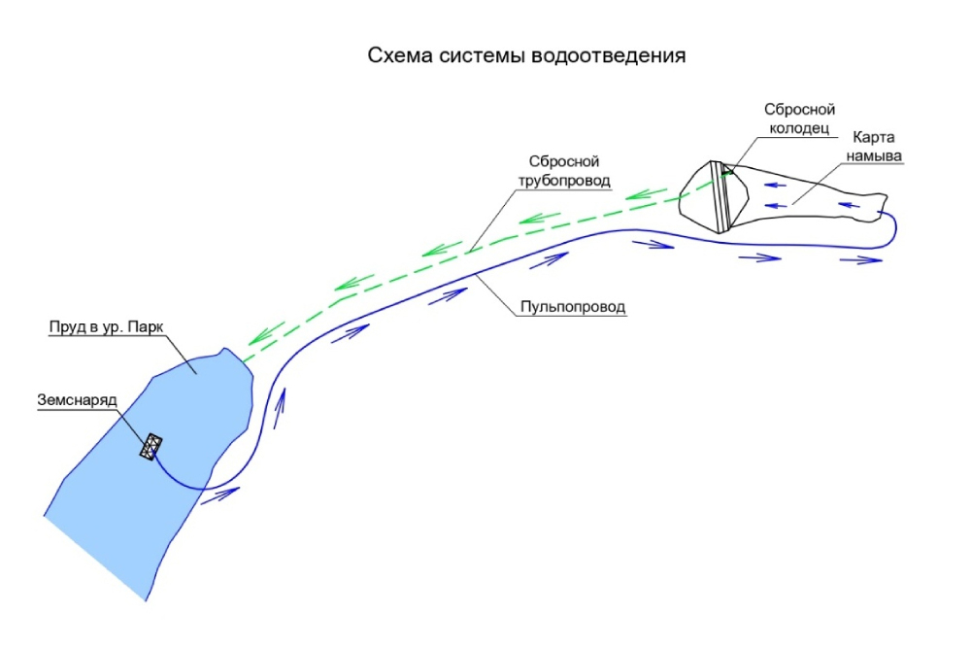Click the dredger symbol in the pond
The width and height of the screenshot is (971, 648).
151,448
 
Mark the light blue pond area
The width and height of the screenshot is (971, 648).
146,505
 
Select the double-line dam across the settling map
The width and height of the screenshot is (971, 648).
720,197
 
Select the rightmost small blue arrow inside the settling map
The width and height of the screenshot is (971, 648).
852,205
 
